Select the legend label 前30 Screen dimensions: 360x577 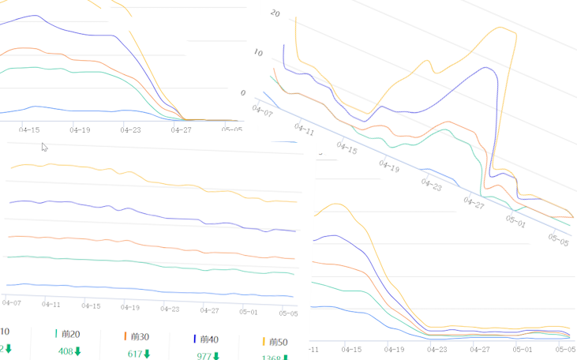141,337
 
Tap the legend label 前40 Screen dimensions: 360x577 210,339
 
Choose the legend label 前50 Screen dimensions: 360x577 279,342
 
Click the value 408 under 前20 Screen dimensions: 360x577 66,351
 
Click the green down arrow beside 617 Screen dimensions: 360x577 148,354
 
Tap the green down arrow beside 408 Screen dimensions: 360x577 78,351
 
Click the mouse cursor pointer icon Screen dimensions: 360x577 45,147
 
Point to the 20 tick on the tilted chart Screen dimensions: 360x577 275,13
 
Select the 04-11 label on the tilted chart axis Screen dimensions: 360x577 304,129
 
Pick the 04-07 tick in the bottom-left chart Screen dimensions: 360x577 12,302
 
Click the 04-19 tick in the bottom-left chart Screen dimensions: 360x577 131,308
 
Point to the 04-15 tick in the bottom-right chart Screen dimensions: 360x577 353,348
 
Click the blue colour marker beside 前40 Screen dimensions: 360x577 195,339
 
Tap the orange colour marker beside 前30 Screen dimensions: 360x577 126,336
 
